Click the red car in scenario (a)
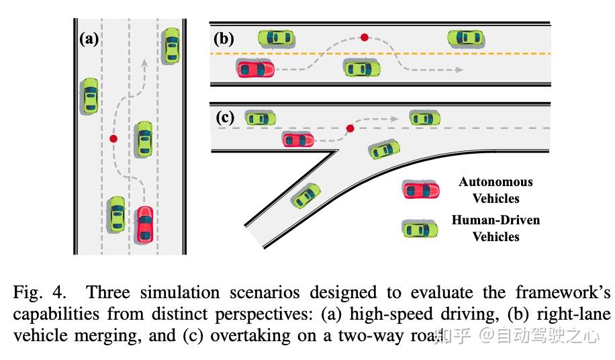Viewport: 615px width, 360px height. pos(144,224)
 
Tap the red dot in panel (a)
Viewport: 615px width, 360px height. pos(113,139)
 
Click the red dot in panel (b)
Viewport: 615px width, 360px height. pos(365,38)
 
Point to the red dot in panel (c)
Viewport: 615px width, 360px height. pos(350,128)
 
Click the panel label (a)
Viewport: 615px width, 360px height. pos(89,38)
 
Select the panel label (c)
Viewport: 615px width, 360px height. pos(224,118)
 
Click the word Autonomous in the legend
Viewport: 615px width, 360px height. pos(495,182)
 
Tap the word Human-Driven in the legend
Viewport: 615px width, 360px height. pos(495,220)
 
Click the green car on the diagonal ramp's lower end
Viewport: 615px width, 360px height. pos(305,196)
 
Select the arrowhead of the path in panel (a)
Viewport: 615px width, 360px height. pos(144,63)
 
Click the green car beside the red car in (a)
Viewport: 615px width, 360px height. pos(117,214)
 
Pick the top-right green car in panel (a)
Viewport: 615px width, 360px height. pos(172,46)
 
